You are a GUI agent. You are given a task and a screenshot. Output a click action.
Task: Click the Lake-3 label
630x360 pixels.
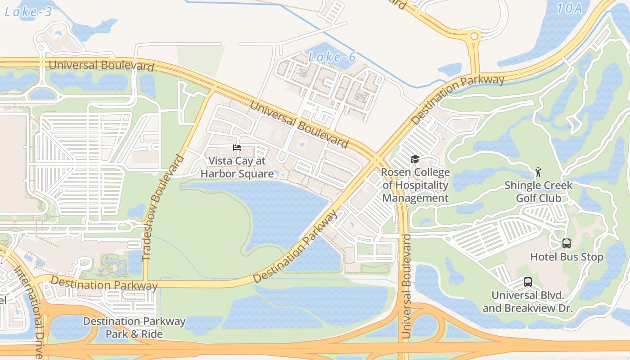pyautogui.click(x=28, y=12)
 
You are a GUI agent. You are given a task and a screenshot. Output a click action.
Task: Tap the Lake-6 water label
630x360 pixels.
pyautogui.click(x=332, y=57)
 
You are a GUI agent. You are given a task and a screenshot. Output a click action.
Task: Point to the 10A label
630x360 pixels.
pyautogui.click(x=569, y=8)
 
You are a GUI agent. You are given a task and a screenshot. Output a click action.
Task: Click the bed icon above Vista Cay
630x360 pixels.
pyautogui.click(x=237, y=148)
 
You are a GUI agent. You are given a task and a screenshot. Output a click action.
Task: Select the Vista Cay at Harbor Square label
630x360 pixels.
pyautogui.click(x=237, y=167)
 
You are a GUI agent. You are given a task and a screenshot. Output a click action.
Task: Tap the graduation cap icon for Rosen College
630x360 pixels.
pyautogui.click(x=415, y=159)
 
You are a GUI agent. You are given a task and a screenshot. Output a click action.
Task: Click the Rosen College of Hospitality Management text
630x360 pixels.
pyautogui.click(x=415, y=185)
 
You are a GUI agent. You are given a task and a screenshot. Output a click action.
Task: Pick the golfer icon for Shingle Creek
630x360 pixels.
pyautogui.click(x=538, y=171)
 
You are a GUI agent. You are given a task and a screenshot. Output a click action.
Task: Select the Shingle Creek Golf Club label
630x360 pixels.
pyautogui.click(x=538, y=191)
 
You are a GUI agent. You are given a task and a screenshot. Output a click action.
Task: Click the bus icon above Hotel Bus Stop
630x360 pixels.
pyautogui.click(x=567, y=243)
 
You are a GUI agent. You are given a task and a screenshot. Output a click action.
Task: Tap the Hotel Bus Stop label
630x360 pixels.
pyautogui.click(x=567, y=257)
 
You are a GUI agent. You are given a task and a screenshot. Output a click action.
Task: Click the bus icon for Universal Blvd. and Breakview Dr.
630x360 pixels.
pyautogui.click(x=527, y=282)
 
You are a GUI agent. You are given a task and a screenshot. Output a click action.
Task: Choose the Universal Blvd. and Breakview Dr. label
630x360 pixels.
pyautogui.click(x=527, y=301)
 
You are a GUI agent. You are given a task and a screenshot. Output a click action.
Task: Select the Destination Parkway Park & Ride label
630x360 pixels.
pyautogui.click(x=134, y=327)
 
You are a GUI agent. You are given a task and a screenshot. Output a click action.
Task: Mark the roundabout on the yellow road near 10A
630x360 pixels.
pyautogui.click(x=474, y=36)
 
